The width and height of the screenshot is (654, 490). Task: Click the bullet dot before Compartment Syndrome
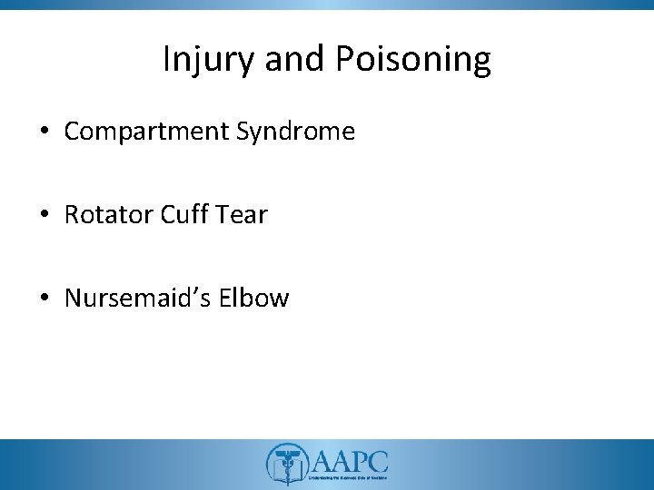point(45,132)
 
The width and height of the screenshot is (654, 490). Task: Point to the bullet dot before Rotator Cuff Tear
point(45,216)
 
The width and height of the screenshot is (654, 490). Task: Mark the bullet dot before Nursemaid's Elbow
point(45,299)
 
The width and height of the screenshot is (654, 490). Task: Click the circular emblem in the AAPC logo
point(287,464)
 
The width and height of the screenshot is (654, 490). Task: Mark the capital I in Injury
point(166,59)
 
